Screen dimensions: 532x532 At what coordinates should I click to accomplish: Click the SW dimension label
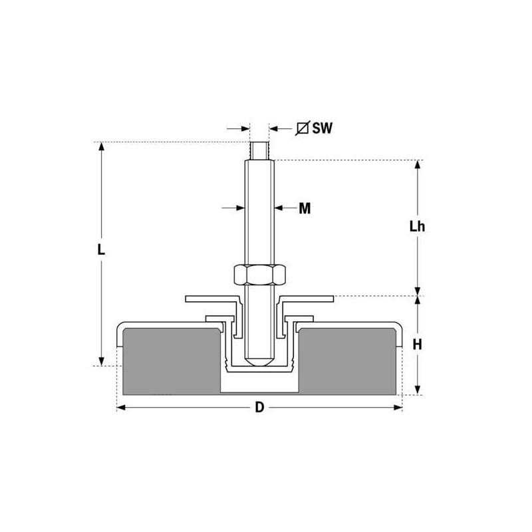[323, 128]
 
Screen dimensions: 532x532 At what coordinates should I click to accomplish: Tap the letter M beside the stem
[305, 208]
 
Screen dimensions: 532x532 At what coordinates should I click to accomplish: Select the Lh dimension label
[417, 226]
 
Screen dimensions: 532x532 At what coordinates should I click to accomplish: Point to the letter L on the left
[101, 250]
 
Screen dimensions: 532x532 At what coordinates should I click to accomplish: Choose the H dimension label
[418, 344]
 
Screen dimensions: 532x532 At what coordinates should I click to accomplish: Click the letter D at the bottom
[259, 407]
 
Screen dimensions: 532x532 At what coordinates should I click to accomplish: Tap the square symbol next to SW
[303, 128]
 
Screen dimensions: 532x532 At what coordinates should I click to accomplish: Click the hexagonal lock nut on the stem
[259, 275]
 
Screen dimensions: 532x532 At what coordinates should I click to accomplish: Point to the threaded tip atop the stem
[259, 151]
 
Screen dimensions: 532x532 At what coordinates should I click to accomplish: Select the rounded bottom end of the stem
[259, 360]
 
